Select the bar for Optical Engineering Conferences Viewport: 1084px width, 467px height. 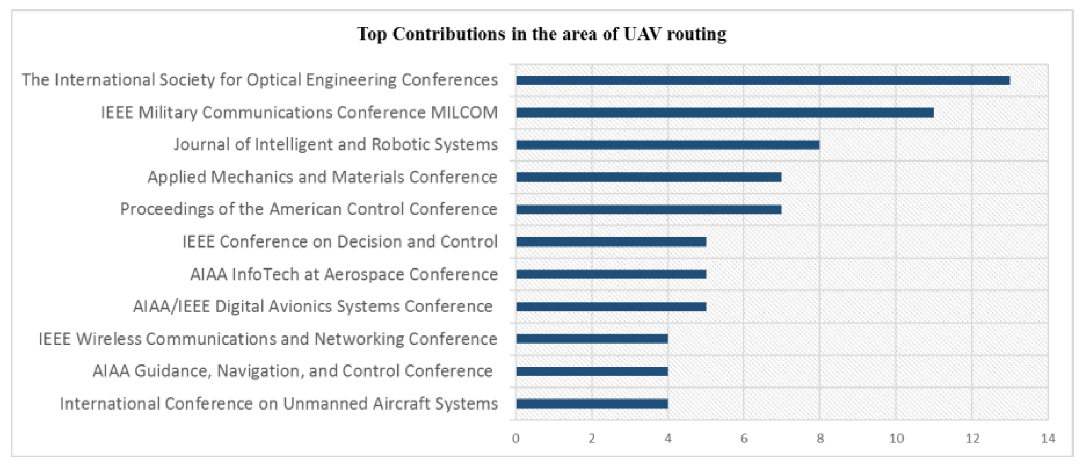762,80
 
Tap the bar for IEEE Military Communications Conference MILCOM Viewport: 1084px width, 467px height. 724,113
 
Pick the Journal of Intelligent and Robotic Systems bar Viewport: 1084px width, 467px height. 667,145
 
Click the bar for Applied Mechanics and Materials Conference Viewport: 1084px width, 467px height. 648,177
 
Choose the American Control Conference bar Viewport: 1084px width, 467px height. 648,209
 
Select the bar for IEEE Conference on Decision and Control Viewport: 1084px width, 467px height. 611,242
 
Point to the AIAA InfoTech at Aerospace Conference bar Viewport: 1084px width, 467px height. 611,274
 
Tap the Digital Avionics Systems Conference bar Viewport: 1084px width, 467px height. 611,307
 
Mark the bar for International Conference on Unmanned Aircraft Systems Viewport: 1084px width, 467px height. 592,403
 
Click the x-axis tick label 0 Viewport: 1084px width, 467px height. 516,439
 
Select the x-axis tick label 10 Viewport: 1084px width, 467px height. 896,439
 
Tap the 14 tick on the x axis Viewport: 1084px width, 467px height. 1048,439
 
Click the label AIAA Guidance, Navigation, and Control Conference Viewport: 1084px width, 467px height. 292,371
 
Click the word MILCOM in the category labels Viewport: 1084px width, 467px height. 464,113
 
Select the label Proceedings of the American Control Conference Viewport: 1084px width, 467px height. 309,209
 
